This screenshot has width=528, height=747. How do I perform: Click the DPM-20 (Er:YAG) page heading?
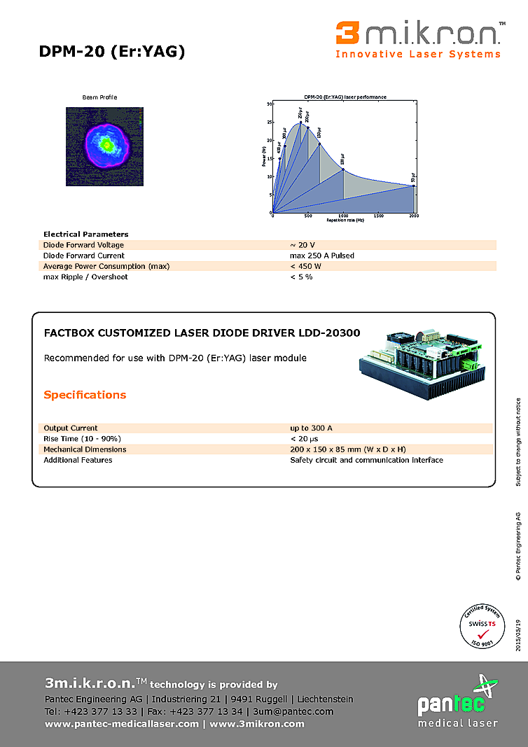tap(112, 51)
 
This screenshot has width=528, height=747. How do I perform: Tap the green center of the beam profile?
tap(106, 144)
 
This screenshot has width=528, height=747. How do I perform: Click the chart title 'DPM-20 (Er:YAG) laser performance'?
tap(345, 97)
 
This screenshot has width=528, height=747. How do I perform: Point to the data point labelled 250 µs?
tap(300, 123)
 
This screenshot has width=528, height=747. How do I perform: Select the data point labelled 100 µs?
tap(343, 169)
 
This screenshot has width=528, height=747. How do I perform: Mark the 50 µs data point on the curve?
tap(414, 186)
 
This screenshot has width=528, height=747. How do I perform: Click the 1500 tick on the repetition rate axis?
tap(378, 216)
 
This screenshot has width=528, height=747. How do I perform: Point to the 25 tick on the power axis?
tap(270, 122)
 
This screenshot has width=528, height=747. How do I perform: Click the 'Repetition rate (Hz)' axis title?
tap(345, 221)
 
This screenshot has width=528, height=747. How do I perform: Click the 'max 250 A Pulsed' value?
tap(321, 256)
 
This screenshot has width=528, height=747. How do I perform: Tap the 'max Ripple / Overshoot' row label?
tap(85, 277)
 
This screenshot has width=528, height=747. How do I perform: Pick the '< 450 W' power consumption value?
tap(305, 266)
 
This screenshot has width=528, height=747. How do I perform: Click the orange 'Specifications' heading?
tap(85, 395)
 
